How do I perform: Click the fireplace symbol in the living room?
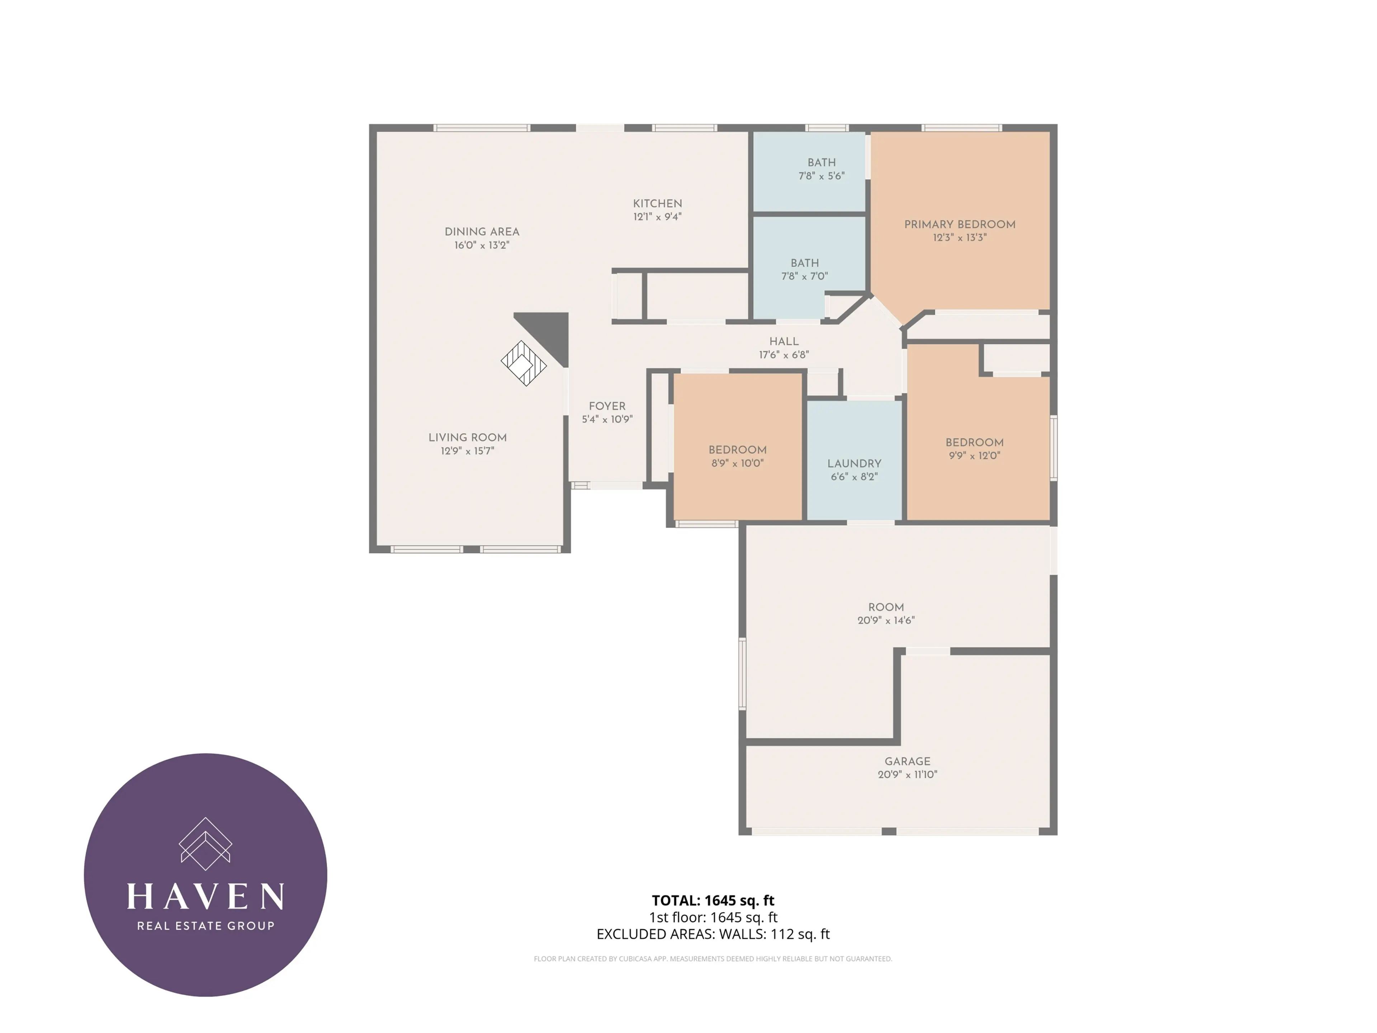point(524,363)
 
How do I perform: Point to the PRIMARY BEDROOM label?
point(959,224)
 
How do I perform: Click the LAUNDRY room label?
point(854,463)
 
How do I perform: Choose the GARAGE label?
point(907,761)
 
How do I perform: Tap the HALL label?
point(784,341)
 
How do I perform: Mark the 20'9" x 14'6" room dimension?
point(886,620)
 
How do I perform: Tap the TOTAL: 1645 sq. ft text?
point(713,900)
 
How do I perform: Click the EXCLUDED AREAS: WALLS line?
point(713,934)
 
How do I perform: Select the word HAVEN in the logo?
point(205,897)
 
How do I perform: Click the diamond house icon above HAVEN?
point(205,844)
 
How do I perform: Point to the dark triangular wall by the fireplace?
point(551,330)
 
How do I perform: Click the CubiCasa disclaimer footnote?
point(713,959)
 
